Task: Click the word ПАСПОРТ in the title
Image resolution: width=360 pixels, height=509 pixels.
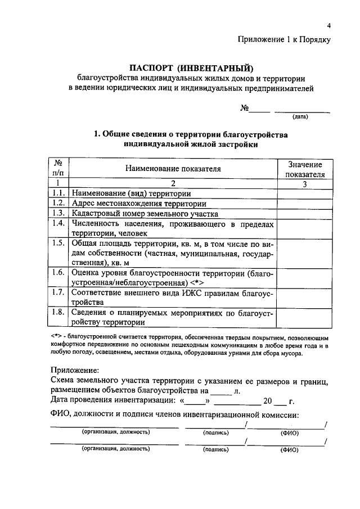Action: (154, 69)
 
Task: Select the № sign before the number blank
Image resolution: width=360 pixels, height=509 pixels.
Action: (245, 108)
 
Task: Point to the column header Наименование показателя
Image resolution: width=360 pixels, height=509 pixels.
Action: (173, 168)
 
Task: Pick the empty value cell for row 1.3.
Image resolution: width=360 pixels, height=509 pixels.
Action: (305, 213)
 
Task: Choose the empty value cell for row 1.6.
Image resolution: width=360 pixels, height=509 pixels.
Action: (305, 277)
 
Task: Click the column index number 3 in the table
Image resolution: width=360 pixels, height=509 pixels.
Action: (305, 183)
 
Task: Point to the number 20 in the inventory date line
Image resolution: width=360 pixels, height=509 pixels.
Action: (267, 402)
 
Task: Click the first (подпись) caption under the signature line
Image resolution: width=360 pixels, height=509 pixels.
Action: (216, 433)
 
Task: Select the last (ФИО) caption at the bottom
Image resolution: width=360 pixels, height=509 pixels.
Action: (289, 449)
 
